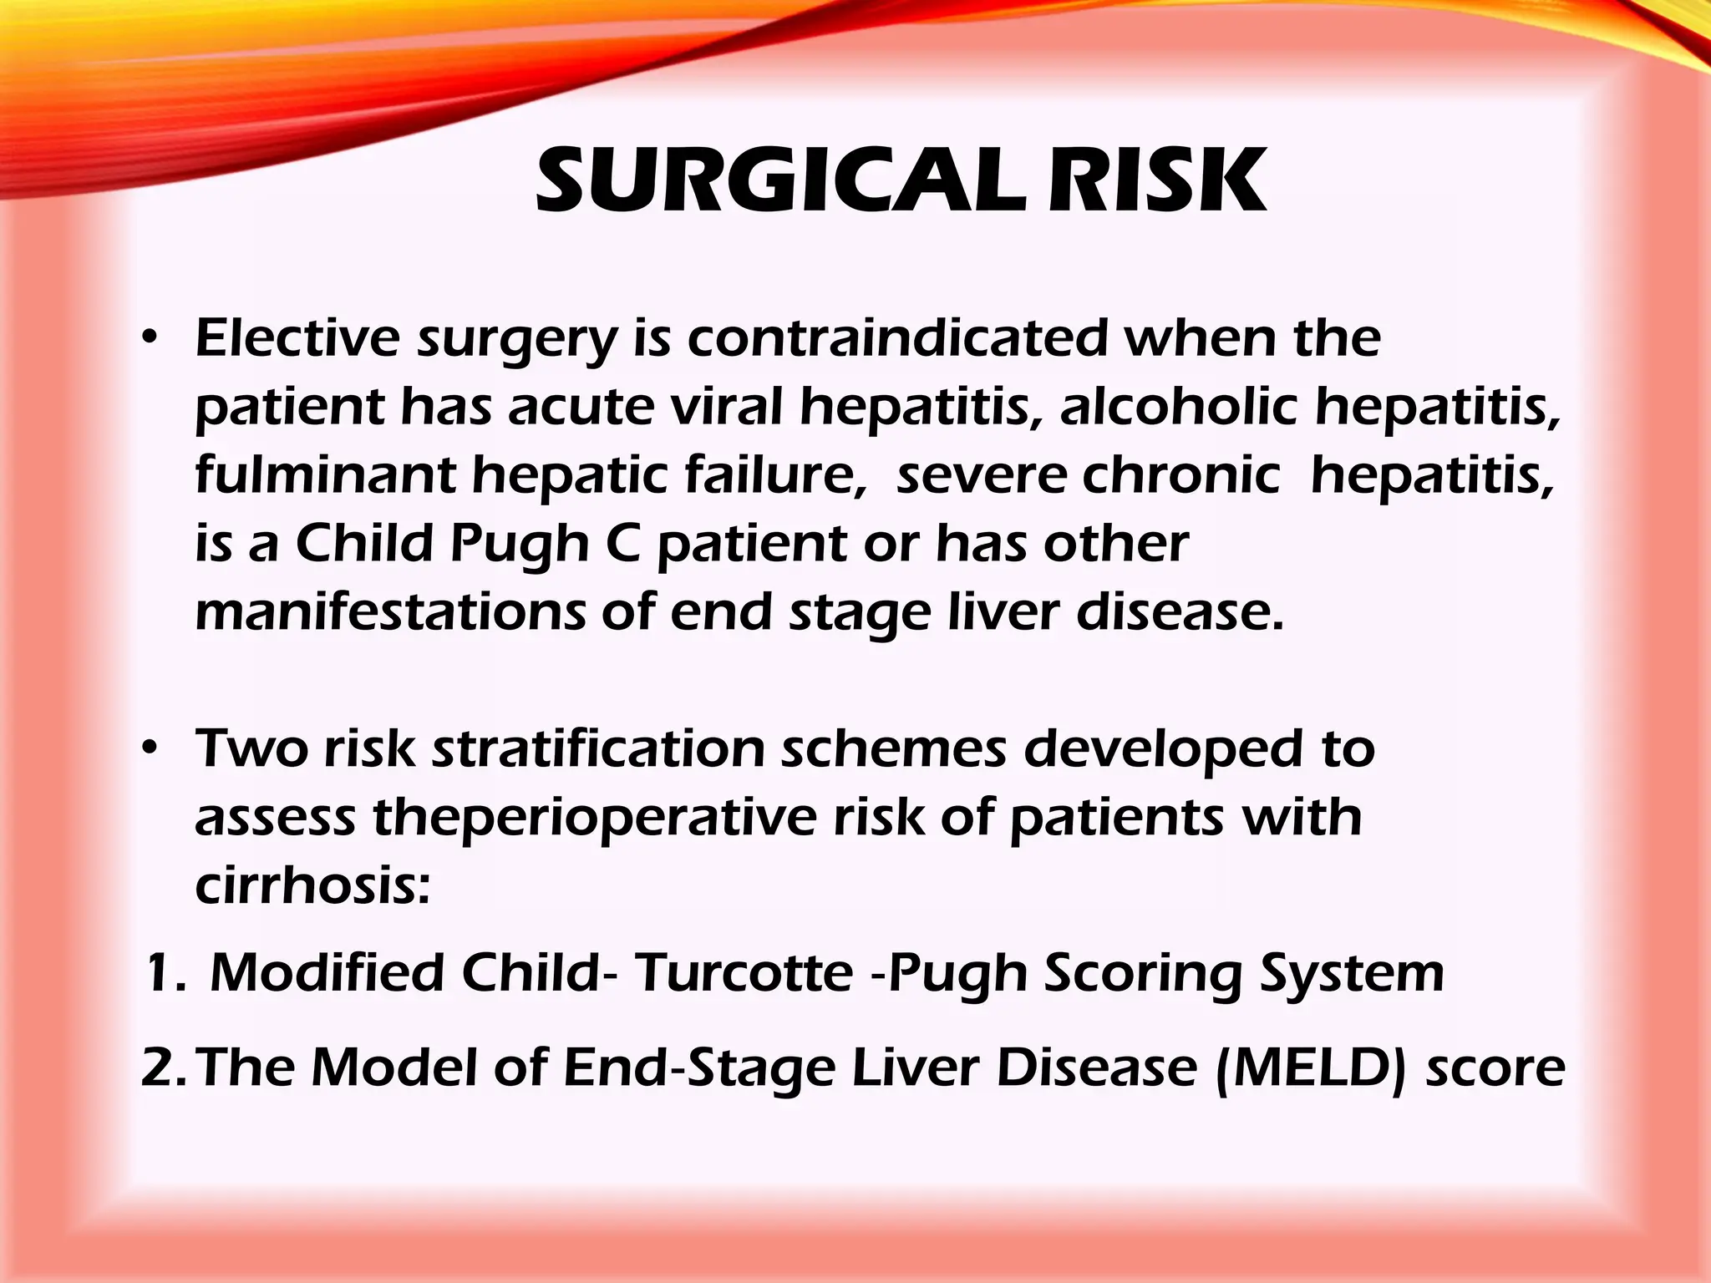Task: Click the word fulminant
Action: (x=325, y=475)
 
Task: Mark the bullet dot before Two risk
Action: (x=149, y=749)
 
